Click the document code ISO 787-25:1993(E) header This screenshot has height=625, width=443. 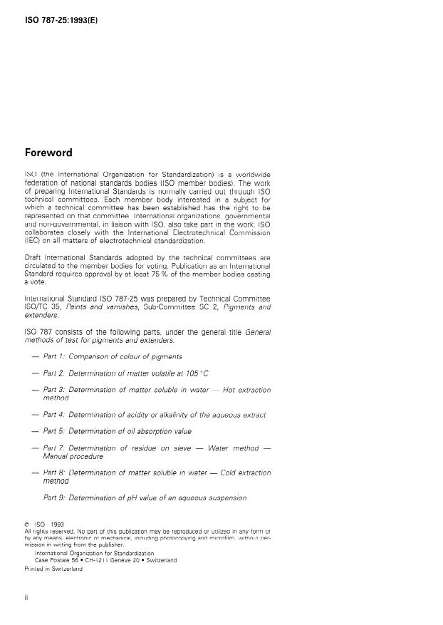(61, 21)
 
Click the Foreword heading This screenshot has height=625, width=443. (48, 153)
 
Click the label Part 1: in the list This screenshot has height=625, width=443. (54, 356)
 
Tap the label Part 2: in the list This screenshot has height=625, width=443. (54, 373)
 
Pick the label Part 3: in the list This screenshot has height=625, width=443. (54, 390)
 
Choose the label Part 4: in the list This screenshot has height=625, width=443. (54, 414)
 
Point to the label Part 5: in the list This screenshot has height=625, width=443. (54, 431)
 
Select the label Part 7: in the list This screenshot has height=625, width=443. (54, 448)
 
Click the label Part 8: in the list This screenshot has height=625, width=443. (54, 472)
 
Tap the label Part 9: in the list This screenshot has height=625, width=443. (54, 497)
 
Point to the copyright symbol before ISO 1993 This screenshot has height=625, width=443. (27, 525)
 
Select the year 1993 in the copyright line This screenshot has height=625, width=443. (57, 525)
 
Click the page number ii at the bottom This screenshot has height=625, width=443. (27, 598)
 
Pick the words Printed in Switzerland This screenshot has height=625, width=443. (53, 569)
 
